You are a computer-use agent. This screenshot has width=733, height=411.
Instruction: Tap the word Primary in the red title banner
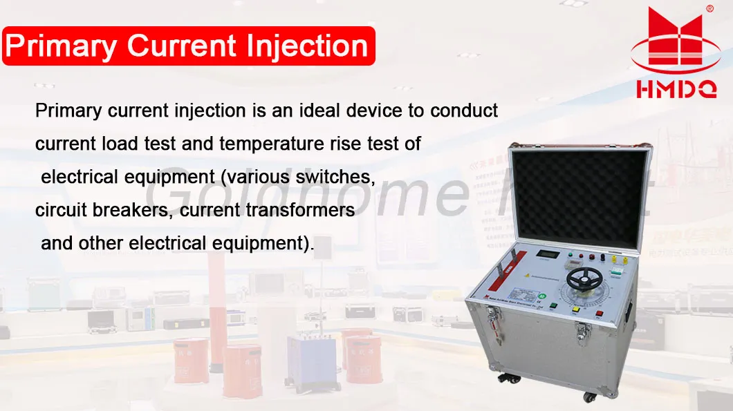[62, 46]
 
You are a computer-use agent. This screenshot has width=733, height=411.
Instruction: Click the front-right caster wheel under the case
[590, 396]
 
